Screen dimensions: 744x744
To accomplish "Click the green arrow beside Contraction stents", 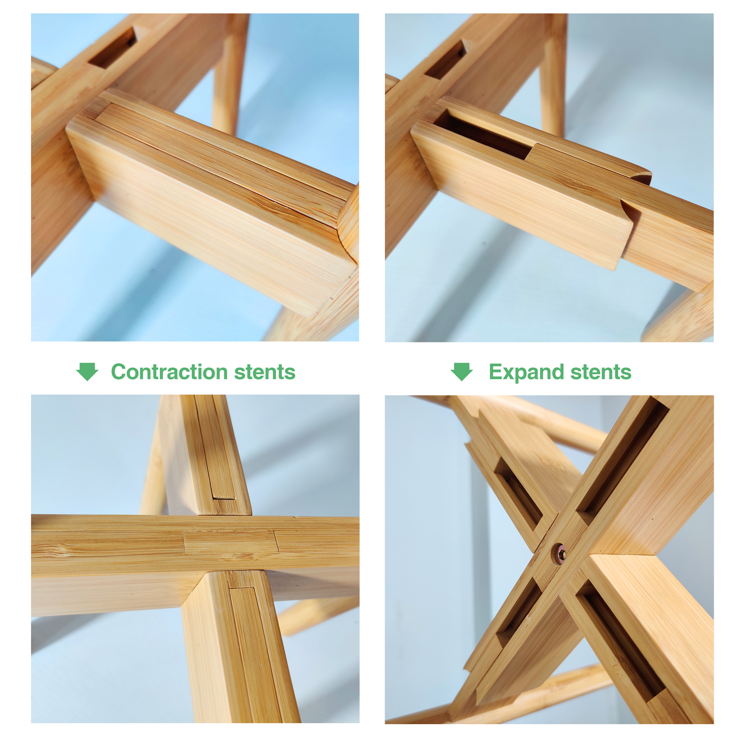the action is pos(87,372).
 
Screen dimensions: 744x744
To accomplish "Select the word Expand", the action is pos(527,373).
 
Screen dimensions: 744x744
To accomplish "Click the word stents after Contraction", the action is pos(265,372).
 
